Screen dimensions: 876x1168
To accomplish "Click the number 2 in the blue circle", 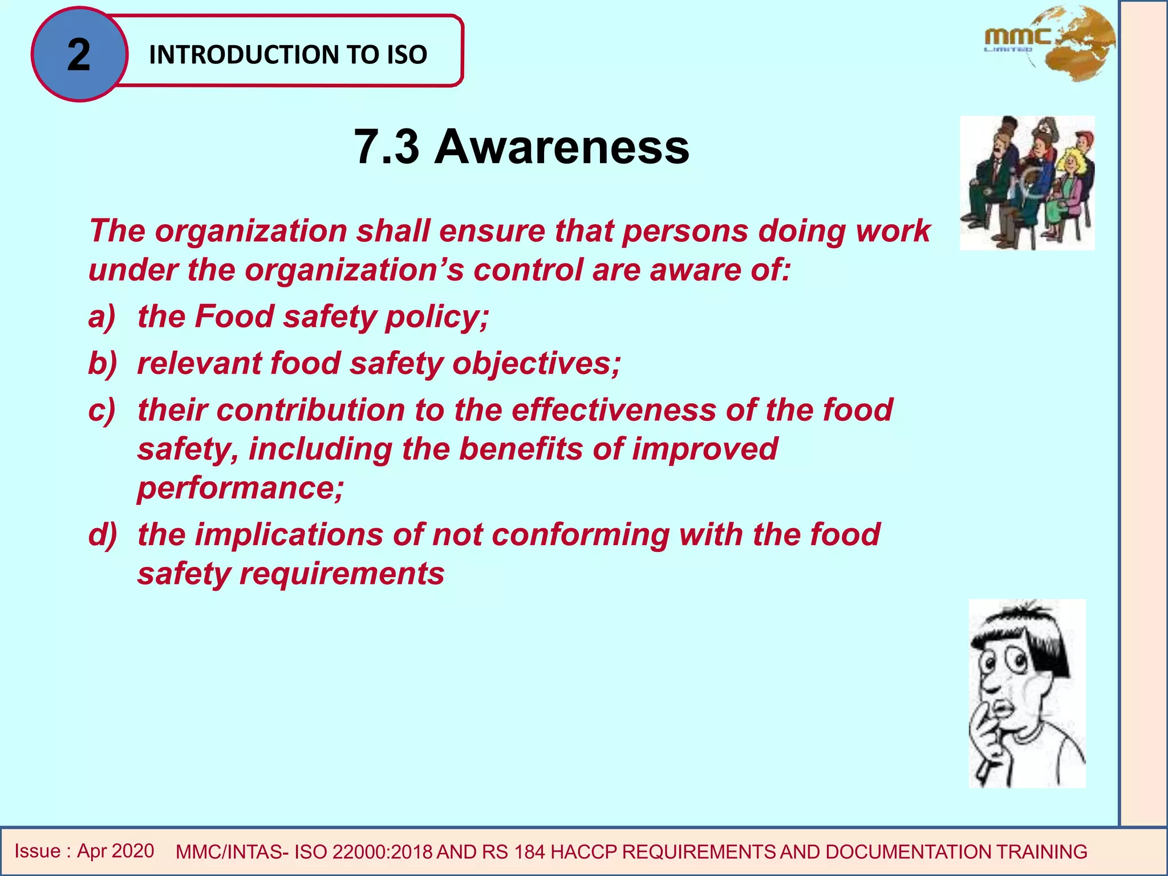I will coord(79,55).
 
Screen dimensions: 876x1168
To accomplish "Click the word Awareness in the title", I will coord(562,147).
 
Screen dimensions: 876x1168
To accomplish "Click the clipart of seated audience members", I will coord(1027,183).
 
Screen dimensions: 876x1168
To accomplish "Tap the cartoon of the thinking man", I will coord(1027,693).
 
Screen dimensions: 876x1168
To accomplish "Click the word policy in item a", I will coord(437,317).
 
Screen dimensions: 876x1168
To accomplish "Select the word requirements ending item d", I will coord(342,574).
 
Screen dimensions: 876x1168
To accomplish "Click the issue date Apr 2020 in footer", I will coord(116,851).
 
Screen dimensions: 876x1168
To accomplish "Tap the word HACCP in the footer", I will coord(584,852).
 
